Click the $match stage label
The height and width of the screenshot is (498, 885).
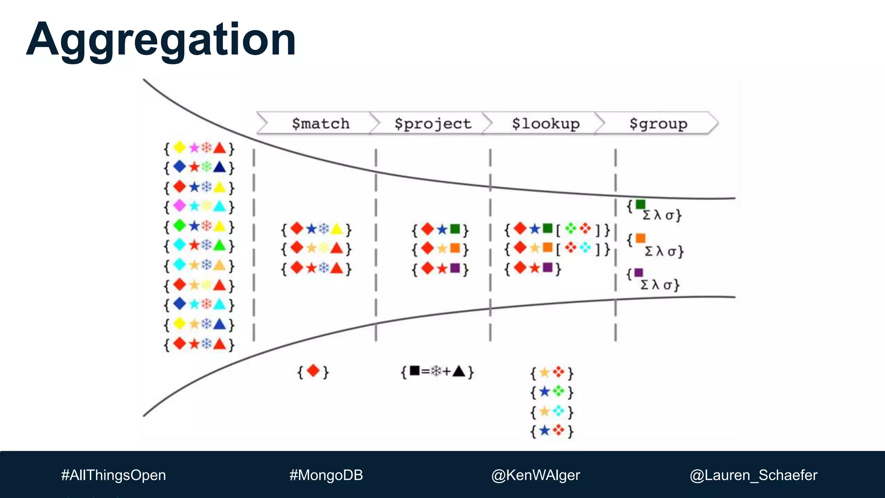320,124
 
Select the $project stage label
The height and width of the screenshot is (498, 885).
433,124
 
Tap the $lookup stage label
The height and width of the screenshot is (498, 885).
545,124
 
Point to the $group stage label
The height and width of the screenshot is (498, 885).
658,124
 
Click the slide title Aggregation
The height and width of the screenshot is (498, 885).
161,40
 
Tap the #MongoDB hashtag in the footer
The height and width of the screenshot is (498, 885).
326,475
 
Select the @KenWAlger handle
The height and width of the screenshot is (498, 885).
535,475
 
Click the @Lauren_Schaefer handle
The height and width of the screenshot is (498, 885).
753,475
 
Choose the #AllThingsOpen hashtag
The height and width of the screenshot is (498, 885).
113,475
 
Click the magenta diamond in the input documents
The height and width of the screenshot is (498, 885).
179,205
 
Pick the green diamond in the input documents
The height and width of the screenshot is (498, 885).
179,225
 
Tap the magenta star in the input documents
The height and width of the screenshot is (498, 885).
194,148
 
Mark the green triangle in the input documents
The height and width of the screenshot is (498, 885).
220,245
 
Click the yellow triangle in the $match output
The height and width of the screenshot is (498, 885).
337,229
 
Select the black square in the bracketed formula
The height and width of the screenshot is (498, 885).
414,370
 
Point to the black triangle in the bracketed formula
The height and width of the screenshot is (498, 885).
458,371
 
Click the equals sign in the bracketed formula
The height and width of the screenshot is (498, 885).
425,371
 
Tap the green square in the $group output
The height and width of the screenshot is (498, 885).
640,204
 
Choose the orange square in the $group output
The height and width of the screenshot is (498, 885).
640,238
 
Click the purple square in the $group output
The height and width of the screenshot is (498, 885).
639,272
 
